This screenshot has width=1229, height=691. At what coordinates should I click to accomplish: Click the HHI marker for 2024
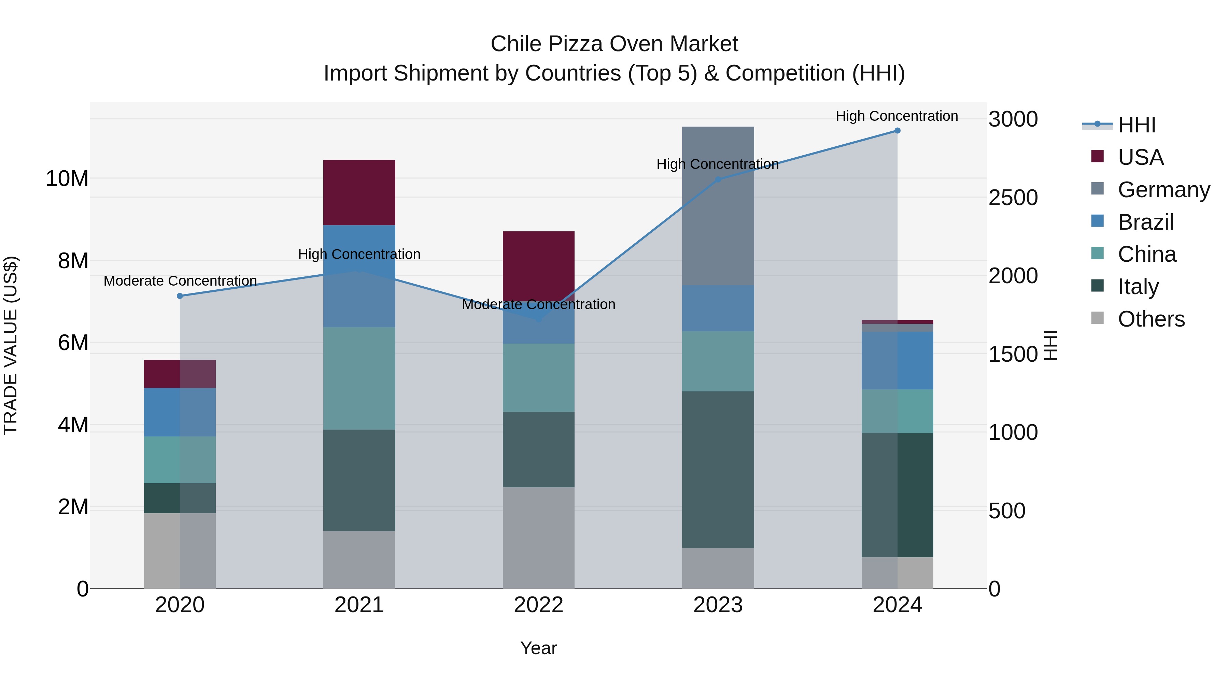coord(897,131)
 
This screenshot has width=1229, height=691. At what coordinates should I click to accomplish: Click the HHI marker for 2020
coord(180,296)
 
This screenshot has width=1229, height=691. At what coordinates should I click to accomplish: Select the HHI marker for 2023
coord(718,180)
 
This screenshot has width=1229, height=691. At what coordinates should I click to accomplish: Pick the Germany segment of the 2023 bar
coord(718,206)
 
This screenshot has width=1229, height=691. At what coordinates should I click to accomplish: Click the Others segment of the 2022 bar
coord(538,537)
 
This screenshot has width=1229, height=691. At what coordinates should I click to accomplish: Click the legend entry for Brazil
coord(1145,222)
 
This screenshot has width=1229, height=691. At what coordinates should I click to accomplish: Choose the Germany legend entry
coord(1163,190)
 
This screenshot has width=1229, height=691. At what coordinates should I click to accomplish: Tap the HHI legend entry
coord(1136,125)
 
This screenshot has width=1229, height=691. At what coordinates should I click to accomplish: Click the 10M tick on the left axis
coord(67,179)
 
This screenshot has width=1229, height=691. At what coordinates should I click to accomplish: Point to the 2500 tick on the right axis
coord(1013,198)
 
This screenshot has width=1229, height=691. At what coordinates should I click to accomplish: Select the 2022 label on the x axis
coord(538,605)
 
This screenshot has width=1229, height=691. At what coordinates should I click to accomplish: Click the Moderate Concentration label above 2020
coord(180,281)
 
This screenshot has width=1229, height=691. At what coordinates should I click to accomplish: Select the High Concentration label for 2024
coord(896,116)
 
